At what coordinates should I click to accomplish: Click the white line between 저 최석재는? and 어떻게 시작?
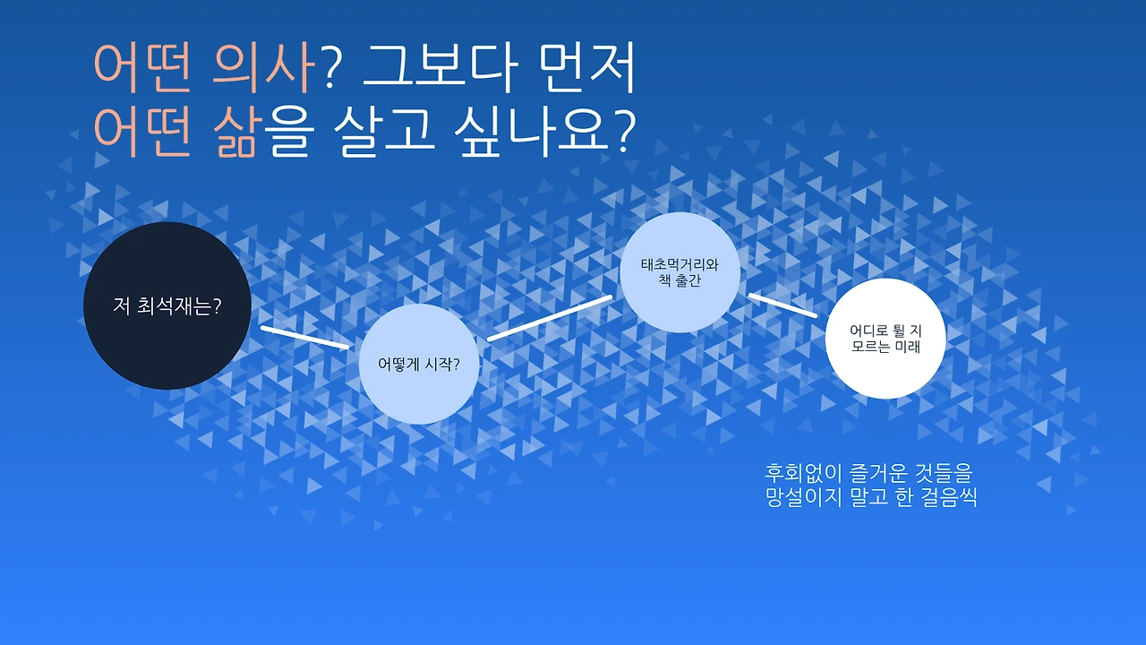pos(304,337)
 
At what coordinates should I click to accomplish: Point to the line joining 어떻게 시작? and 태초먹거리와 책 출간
pos(550,318)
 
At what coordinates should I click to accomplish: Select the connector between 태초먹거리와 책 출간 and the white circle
pos(783,305)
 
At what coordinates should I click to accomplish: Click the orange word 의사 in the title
pos(265,70)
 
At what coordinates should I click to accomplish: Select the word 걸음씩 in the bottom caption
pos(945,498)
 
